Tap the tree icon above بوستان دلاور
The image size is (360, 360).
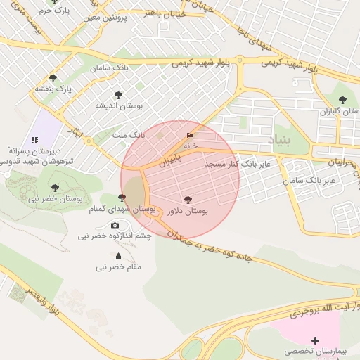pyautogui.click(x=187, y=200)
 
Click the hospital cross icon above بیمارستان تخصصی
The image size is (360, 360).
pyautogui.click(x=315, y=340)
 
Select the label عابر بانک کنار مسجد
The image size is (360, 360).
pyautogui.click(x=233, y=164)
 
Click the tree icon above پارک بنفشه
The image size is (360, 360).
pyautogui.click(x=53, y=78)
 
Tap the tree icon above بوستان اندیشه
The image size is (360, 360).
pyautogui.click(x=118, y=94)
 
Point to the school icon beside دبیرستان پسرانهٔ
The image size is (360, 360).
pyautogui.click(x=34, y=141)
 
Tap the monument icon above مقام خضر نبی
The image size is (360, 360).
pyautogui.click(x=118, y=256)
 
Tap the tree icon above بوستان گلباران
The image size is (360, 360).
pyautogui.click(x=342, y=100)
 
